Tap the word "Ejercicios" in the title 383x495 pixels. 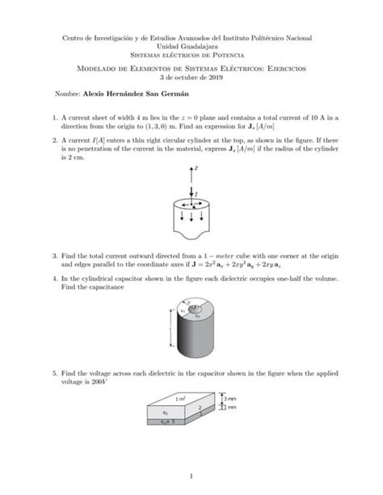coord(276,69)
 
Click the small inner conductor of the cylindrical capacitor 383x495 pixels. coord(191,307)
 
